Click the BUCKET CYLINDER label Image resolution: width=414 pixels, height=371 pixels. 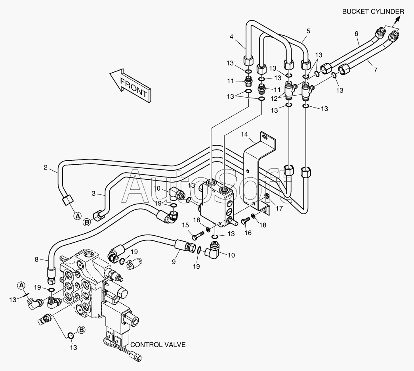click(x=373, y=12)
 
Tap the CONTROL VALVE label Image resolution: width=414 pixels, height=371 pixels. click(x=158, y=344)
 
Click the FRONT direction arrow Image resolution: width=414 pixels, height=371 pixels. click(x=131, y=86)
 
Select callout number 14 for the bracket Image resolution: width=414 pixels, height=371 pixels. click(x=244, y=135)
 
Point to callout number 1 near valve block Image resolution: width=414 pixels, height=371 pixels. click(x=236, y=180)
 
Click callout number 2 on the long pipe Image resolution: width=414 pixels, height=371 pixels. click(x=46, y=167)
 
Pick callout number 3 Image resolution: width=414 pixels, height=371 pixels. click(x=93, y=193)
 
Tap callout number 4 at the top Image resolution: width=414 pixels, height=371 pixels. click(x=231, y=37)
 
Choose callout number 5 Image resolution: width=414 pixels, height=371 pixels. click(x=308, y=31)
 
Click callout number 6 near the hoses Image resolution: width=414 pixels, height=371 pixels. click(x=356, y=34)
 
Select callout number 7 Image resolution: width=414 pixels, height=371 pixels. click(x=376, y=70)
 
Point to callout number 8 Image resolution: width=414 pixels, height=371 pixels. click(x=36, y=260)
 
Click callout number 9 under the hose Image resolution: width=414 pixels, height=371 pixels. click(x=174, y=262)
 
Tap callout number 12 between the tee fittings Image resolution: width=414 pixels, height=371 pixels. click(x=274, y=98)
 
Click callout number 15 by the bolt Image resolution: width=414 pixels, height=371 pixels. click(x=185, y=225)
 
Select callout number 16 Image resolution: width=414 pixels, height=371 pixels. click(x=248, y=233)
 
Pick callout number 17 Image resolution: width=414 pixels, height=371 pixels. click(x=279, y=208)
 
